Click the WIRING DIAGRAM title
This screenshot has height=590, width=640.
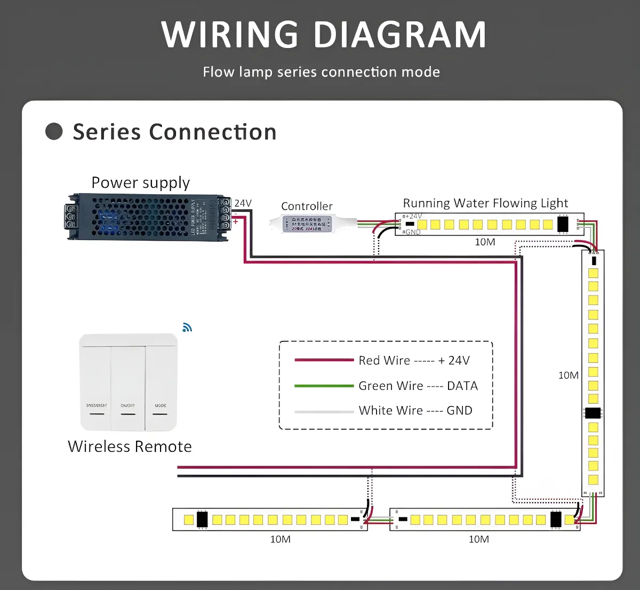324,35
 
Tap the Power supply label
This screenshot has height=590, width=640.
140,183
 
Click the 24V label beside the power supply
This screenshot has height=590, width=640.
243,203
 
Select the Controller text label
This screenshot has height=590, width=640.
307,206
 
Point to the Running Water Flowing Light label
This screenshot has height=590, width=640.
485,203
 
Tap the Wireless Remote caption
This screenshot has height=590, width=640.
130,447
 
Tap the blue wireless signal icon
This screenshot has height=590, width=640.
187,328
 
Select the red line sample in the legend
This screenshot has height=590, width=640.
324,360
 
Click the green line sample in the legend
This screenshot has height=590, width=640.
324,386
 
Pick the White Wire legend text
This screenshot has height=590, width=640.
415,410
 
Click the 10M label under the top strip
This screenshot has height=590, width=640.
485,242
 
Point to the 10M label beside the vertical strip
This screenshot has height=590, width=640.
568,376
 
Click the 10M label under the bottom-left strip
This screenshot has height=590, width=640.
280,539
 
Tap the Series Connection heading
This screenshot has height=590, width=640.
174,132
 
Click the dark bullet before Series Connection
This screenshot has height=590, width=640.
54,131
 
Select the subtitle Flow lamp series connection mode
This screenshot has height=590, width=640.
321,72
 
